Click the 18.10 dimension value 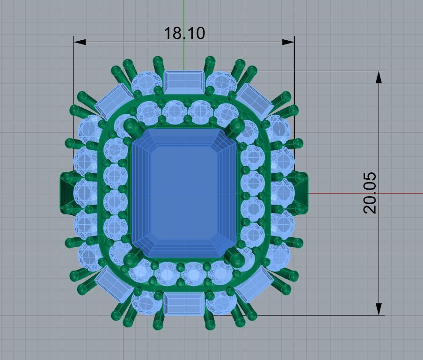(184, 33)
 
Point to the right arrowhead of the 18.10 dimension (289, 42)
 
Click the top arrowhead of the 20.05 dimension (379, 77)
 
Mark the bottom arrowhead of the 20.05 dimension (379, 309)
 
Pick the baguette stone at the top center (184, 81)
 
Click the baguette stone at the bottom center (184, 304)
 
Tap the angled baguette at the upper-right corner (255, 100)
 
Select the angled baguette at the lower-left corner (114, 284)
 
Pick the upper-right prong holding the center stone (235, 125)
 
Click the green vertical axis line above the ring (184, 14)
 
